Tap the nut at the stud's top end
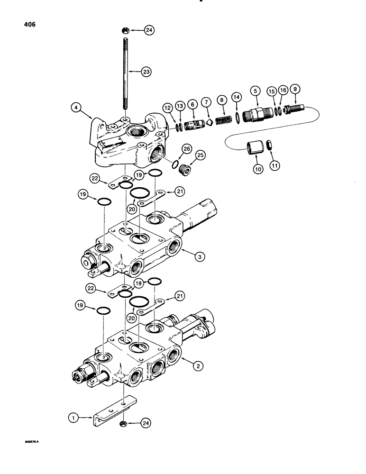pos(123,31)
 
